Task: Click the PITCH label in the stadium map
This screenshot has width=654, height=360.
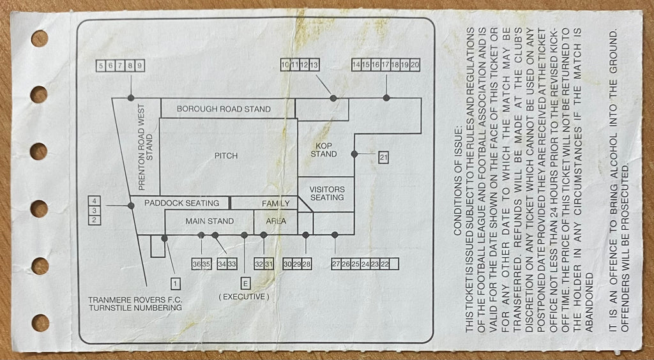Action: [x=226, y=156]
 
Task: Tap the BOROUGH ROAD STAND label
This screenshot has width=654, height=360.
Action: [x=224, y=109]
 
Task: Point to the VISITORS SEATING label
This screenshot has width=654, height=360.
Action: [x=327, y=193]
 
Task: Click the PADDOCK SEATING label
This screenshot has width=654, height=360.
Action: [x=181, y=204]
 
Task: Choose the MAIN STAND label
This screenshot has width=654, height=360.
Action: [x=209, y=221]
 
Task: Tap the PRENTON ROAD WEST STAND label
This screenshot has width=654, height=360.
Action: [x=146, y=147]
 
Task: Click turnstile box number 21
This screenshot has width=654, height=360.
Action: [x=383, y=158]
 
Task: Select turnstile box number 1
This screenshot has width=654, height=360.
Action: [x=176, y=284]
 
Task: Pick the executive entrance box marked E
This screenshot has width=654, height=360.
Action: [x=245, y=284]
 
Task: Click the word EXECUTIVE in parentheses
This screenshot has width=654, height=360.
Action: [x=244, y=297]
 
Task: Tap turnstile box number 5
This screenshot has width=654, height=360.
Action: [x=100, y=66]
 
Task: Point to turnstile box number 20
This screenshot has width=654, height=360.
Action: [x=414, y=64]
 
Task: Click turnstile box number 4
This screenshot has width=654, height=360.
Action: [x=95, y=201]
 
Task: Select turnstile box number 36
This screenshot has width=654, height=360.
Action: [x=197, y=264]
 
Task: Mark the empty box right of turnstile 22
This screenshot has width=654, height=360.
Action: [x=394, y=264]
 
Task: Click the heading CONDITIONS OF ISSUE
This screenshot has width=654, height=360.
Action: [x=457, y=180]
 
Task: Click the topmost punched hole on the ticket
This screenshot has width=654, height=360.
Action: [x=40, y=38]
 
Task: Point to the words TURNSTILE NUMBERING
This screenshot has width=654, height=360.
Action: [x=135, y=308]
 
